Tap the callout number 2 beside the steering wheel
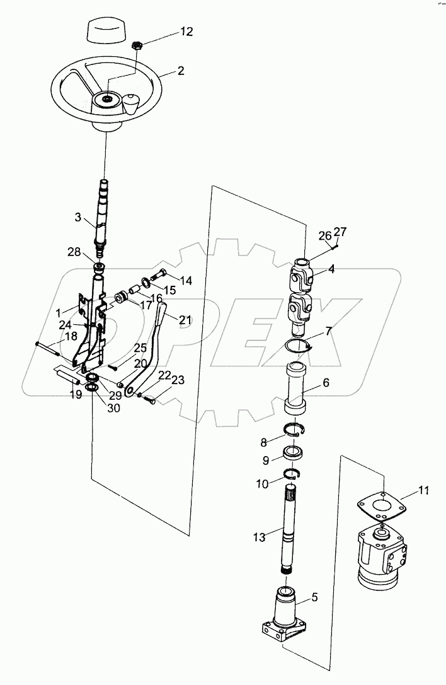tap(180, 71)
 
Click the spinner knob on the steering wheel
tap(131, 103)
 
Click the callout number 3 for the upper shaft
tap(79, 218)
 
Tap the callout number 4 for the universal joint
tap(331, 268)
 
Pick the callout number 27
tap(340, 231)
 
